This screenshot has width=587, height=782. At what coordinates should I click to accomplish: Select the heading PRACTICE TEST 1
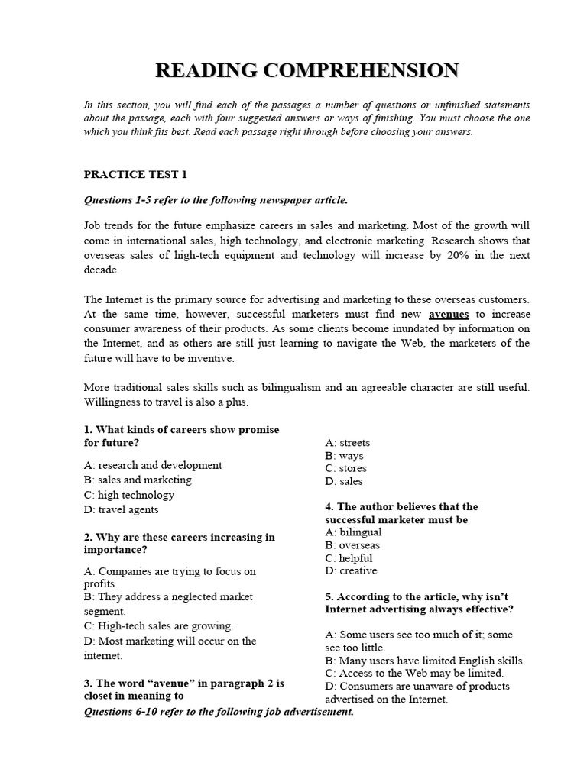click(x=135, y=174)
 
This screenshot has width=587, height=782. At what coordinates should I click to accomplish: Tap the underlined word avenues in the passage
click(x=449, y=314)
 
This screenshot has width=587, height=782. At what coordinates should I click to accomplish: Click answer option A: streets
click(x=347, y=442)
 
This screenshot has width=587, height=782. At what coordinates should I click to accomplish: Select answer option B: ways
click(x=344, y=455)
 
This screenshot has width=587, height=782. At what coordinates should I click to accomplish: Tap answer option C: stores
click(x=345, y=468)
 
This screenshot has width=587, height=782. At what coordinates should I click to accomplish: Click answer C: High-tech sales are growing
click(x=158, y=625)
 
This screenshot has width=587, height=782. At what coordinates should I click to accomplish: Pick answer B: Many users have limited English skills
click(x=424, y=660)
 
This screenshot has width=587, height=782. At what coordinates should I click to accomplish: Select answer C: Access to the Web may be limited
click(x=414, y=673)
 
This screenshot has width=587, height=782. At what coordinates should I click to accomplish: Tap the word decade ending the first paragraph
click(x=101, y=270)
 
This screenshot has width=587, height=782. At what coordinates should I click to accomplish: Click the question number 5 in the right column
click(x=329, y=596)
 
